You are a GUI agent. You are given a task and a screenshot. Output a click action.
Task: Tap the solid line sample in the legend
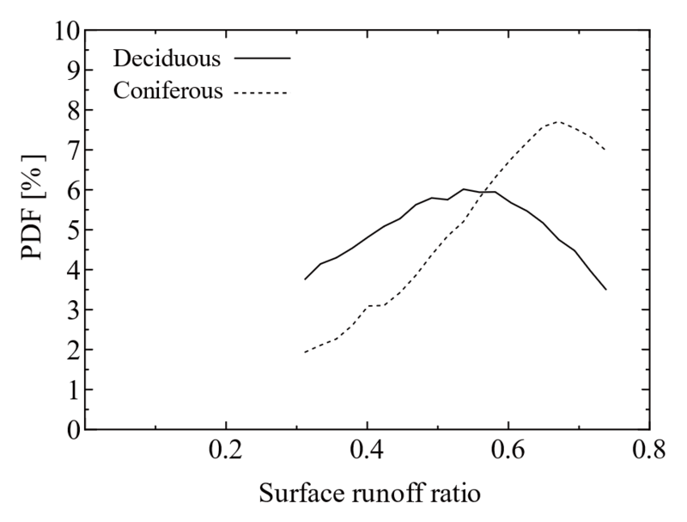tap(261, 58)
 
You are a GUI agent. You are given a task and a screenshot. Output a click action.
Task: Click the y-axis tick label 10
tap(67, 31)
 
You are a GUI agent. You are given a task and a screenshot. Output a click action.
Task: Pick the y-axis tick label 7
tap(74, 150)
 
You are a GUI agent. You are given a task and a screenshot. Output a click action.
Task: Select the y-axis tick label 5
tap(74, 230)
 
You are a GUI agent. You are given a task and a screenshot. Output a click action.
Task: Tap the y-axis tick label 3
tap(74, 310)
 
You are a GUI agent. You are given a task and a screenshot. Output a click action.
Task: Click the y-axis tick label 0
tap(74, 428)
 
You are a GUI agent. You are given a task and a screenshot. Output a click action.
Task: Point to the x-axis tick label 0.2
tap(226, 451)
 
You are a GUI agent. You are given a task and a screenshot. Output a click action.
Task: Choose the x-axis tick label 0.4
tap(367, 451)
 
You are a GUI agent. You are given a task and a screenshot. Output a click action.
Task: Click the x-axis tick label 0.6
tap(508, 451)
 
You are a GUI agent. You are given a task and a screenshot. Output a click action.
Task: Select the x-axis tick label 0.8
tap(649, 451)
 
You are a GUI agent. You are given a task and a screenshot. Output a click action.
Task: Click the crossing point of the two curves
tap(488, 192)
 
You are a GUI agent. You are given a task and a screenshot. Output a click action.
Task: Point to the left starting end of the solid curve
tap(304, 279)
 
